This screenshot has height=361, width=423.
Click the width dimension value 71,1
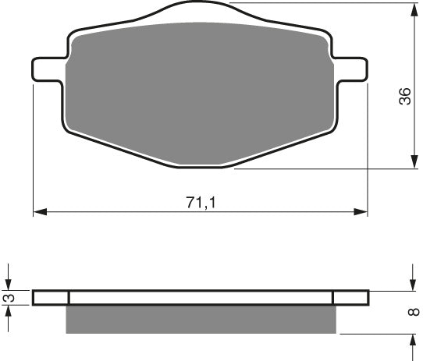(201, 202)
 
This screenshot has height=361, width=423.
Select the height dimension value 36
(404, 97)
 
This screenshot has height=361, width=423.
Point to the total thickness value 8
(413, 313)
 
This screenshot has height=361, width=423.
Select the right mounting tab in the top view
(350, 69)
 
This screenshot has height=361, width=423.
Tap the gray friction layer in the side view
(201, 319)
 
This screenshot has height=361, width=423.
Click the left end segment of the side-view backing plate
(52, 297)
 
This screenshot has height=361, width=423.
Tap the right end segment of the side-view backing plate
(350, 297)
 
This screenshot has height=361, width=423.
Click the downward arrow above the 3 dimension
(9, 284)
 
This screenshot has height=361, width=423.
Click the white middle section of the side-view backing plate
(201, 297)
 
